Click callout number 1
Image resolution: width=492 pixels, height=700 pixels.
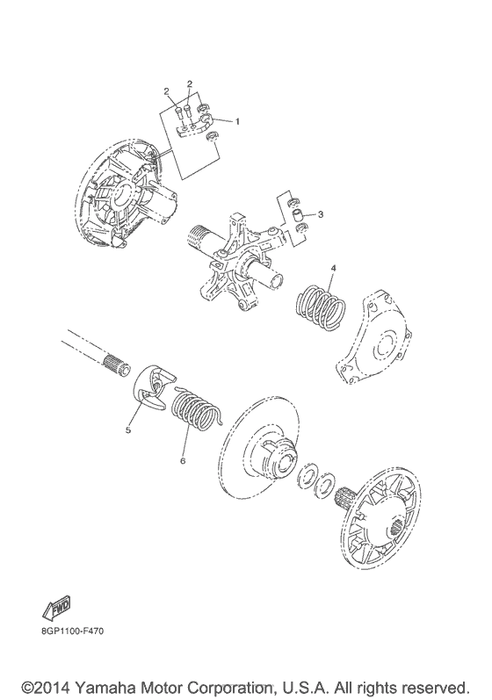pos(236,121)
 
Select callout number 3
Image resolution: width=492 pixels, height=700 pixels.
pos(321,213)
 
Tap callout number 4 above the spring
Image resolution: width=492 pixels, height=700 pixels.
pos(333,267)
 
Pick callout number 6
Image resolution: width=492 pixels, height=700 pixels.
pos(183,458)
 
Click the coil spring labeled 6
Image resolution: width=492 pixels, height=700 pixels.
pos(195,408)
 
